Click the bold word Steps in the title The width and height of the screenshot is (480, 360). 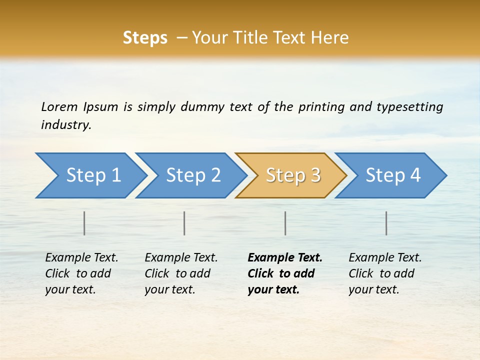pos(145,38)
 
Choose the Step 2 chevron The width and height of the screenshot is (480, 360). pos(192,175)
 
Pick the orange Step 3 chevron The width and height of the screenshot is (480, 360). pos(292,175)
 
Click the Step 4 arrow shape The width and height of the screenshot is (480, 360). pos(392,175)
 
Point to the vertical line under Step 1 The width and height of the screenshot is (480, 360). pos(84,223)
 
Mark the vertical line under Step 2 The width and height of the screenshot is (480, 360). pos(184,223)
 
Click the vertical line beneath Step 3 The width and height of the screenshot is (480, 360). pos(285,223)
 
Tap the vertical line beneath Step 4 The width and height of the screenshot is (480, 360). pos(386,223)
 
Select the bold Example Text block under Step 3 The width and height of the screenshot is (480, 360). pos(284,273)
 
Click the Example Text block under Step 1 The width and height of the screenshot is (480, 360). pos(81,273)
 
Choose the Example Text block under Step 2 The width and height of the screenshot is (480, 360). pos(181,273)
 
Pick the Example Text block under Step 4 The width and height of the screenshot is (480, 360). pos(385,273)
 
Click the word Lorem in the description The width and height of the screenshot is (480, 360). pos(59,107)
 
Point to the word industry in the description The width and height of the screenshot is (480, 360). pos(65,125)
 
